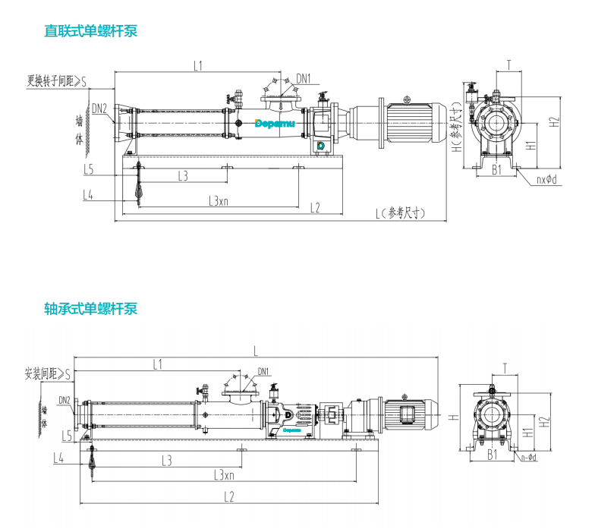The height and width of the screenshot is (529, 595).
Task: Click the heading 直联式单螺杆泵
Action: pos(90,31)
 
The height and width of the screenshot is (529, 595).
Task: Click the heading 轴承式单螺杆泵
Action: pos(90,309)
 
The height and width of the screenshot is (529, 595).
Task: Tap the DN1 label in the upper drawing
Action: pos(303,78)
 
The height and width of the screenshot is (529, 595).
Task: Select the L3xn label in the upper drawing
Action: pos(218,201)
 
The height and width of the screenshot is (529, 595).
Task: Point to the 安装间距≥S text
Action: pos(47,373)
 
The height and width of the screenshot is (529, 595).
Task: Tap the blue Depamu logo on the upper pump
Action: pos(269,122)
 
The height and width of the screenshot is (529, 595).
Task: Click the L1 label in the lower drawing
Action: pos(157,364)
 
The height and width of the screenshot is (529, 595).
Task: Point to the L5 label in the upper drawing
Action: pos(89,168)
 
